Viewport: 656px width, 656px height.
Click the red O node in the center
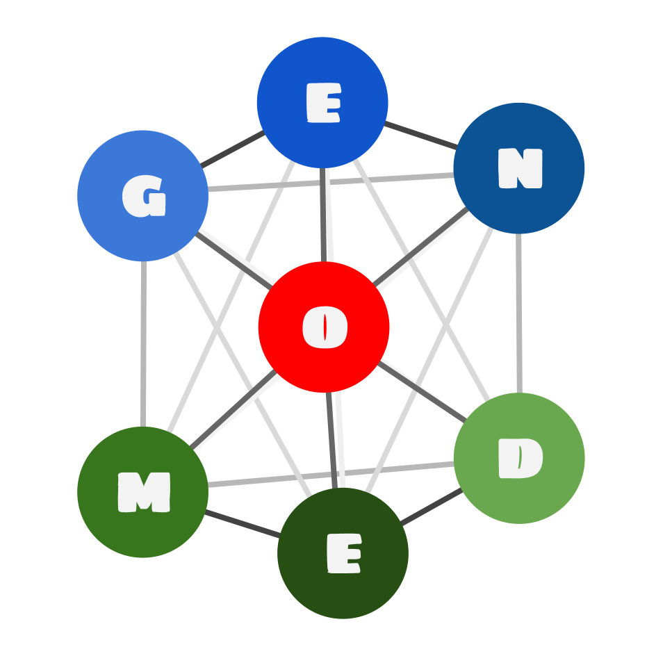pyautogui.click(x=323, y=327)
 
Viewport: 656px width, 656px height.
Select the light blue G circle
pyautogui.click(x=142, y=196)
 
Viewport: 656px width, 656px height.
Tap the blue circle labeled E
pyautogui.click(x=322, y=102)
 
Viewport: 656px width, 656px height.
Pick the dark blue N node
pyautogui.click(x=519, y=168)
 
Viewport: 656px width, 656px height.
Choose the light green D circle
pyautogui.click(x=519, y=458)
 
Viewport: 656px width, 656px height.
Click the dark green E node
pyautogui.click(x=343, y=553)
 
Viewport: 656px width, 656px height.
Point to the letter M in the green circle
pyautogui.click(x=144, y=492)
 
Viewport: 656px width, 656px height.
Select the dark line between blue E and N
pyautogui.click(x=420, y=136)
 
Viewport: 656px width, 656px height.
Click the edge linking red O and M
pyautogui.click(x=233, y=409)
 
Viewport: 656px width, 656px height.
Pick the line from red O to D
pyautogui.click(x=421, y=391)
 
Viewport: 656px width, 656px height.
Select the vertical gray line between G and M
pyautogui.click(x=143, y=344)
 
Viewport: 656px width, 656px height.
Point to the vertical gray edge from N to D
pyautogui.click(x=519, y=313)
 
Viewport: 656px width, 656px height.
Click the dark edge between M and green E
pyautogui.click(x=243, y=524)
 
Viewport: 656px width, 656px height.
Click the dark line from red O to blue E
pyautogui.click(x=322, y=215)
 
